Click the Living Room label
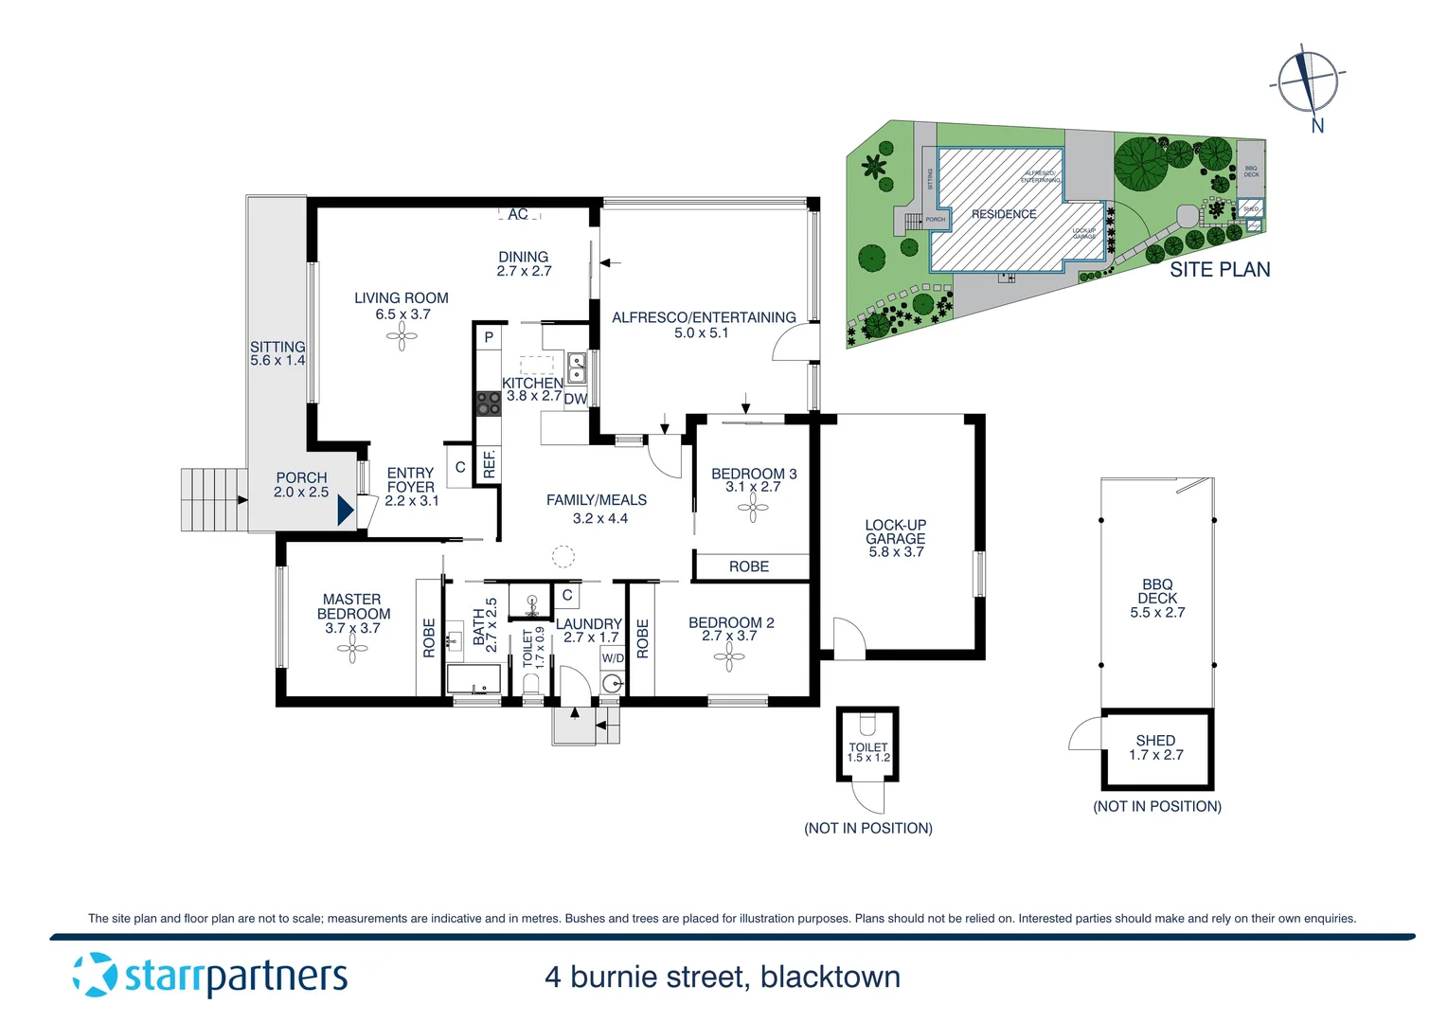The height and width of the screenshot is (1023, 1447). click(401, 297)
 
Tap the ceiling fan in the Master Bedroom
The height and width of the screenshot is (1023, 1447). click(352, 649)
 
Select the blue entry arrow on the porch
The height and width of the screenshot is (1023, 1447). click(346, 511)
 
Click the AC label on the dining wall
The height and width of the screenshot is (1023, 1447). click(518, 215)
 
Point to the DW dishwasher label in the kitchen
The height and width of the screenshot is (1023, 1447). click(575, 399)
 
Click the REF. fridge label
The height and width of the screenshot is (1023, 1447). click(489, 463)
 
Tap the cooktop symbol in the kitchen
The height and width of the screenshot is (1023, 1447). click(488, 404)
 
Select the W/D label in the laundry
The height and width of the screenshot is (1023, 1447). click(613, 658)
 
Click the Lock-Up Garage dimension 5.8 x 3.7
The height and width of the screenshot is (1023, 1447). click(895, 552)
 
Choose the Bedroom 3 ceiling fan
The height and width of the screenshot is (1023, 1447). click(753, 509)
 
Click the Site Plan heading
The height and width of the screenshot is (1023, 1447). click(1219, 270)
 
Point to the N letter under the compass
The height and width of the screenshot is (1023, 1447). click(1317, 126)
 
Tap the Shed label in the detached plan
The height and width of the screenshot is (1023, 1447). click(1155, 741)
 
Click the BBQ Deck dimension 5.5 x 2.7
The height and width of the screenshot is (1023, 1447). click(1157, 613)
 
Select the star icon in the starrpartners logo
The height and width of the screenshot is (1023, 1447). click(95, 975)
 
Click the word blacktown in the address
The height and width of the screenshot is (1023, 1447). click(830, 977)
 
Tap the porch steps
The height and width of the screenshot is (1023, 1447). click(213, 499)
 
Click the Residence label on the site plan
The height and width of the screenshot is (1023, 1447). click(1003, 214)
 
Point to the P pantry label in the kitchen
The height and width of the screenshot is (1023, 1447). click(489, 337)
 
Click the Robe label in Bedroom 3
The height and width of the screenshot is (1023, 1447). click(748, 566)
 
